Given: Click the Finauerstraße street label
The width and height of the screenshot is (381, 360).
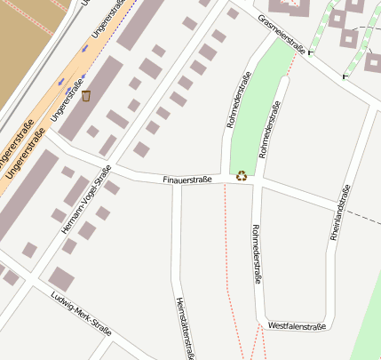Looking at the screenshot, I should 187,180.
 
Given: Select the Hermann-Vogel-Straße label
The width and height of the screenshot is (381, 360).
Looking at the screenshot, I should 86,200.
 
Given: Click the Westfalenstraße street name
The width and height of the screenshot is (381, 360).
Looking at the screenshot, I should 297,327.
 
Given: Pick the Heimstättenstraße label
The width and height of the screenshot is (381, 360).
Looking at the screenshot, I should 184,326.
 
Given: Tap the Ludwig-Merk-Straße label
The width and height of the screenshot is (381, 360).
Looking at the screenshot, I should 81,314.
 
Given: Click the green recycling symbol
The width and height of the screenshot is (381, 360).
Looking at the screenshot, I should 242,175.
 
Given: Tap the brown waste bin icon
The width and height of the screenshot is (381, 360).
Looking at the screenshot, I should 86,95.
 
